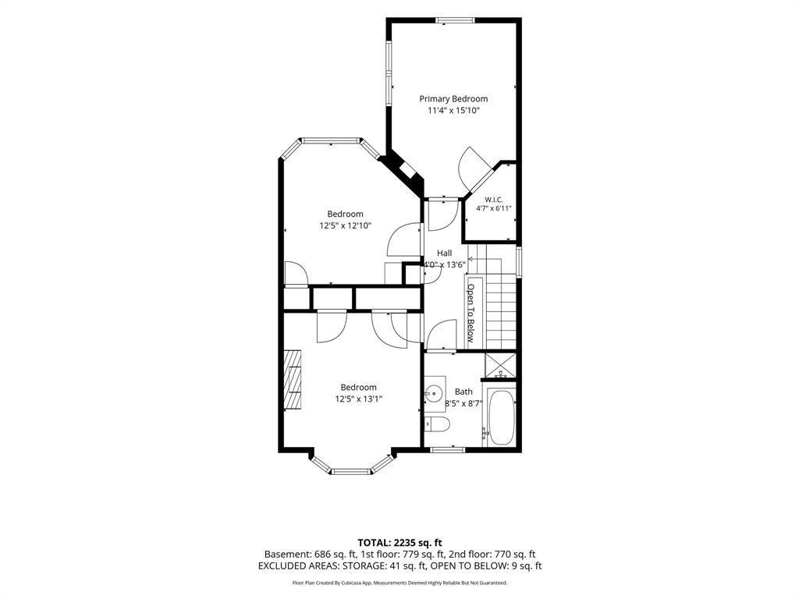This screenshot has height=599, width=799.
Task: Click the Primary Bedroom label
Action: (453, 99)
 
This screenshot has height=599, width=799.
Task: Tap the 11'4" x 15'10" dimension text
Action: (453, 111)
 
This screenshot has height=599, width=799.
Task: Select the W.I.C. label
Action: (494, 200)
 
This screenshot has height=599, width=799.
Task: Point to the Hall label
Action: (444, 253)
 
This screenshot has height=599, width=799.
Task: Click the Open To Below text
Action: (471, 313)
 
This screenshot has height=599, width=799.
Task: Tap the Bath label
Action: (463, 392)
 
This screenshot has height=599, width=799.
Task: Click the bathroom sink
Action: (435, 393)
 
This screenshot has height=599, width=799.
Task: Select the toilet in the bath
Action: (437, 424)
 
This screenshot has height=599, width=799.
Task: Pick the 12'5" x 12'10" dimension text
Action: (346, 225)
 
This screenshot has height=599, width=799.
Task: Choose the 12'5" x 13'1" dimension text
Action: (359, 399)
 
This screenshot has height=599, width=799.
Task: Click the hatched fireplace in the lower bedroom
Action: (293, 379)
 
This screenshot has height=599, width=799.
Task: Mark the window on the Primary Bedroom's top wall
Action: (456, 20)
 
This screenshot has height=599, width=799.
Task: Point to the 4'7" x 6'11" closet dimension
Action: (494, 208)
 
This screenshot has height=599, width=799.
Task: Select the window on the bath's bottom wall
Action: (447, 449)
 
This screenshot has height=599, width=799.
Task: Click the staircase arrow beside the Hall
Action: (485, 259)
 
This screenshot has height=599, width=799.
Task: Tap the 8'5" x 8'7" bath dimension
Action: (463, 403)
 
